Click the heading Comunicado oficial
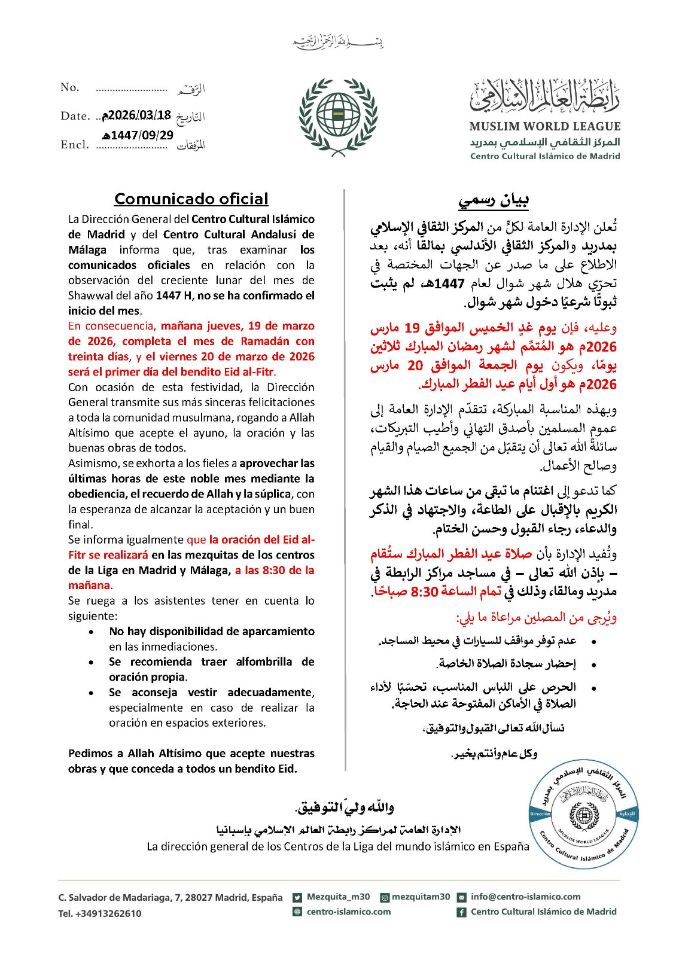(191, 199)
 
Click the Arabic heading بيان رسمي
(494, 200)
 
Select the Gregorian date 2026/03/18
(137, 115)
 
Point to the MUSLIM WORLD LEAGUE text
(544, 126)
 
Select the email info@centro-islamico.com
(525, 897)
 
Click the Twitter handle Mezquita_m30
(338, 897)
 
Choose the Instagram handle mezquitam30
(421, 897)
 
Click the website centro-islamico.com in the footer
(348, 912)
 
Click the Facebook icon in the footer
(462, 912)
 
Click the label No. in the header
(70, 87)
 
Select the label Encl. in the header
(75, 145)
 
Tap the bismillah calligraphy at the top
(338, 42)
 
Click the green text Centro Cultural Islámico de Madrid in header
(544, 156)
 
